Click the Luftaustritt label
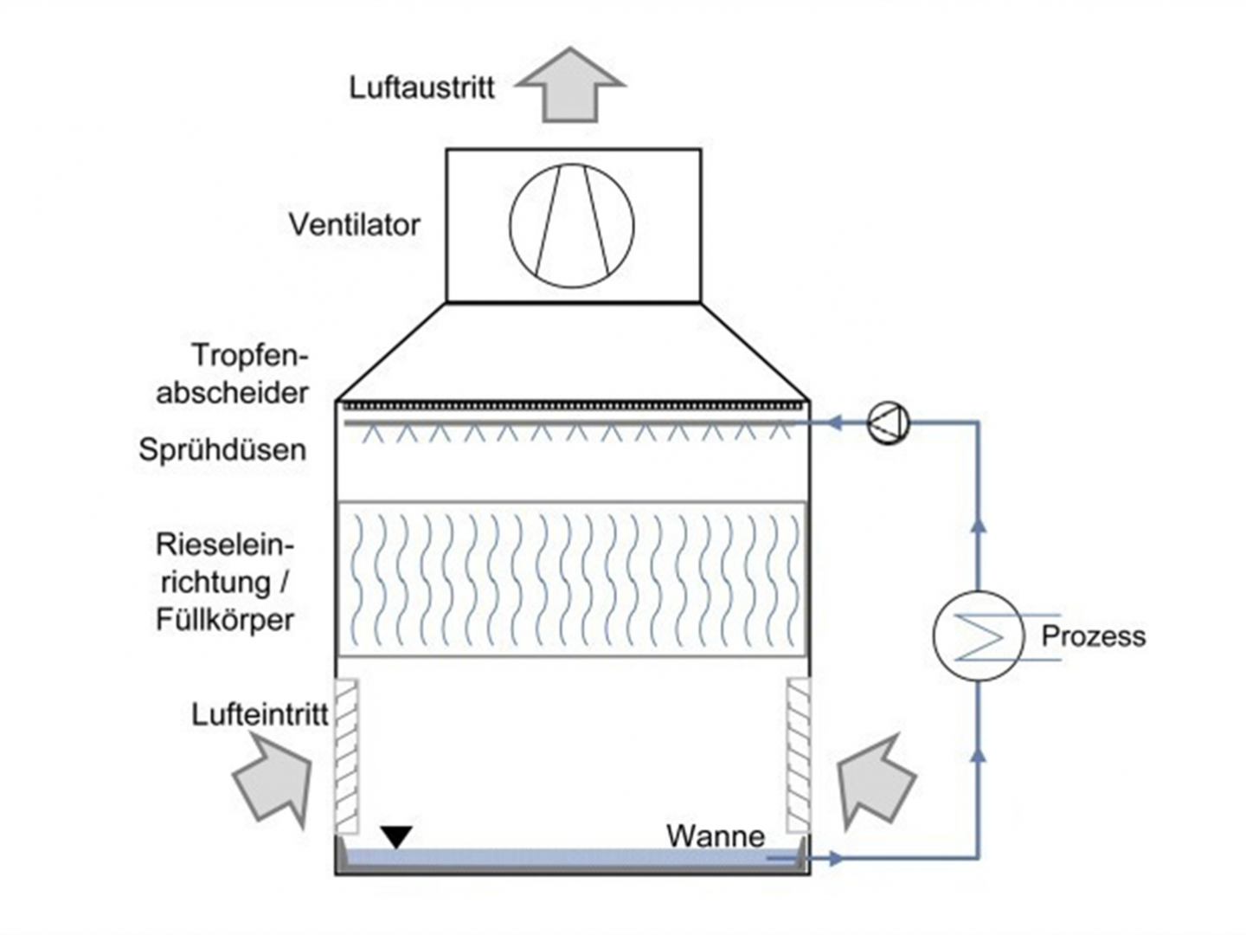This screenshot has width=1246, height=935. (421, 87)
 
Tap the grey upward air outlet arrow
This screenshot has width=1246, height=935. (569, 86)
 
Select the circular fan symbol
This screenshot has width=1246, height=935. (571, 225)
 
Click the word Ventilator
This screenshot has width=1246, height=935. (354, 225)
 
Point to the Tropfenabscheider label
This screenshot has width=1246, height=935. (234, 374)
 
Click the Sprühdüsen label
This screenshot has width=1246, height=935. (222, 450)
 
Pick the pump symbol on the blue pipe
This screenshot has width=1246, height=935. (889, 423)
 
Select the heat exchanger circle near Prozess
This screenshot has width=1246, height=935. (978, 635)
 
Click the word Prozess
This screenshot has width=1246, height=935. (1093, 636)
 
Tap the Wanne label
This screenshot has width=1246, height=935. (715, 836)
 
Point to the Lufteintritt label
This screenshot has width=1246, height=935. (260, 715)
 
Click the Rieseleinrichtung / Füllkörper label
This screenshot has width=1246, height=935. (225, 583)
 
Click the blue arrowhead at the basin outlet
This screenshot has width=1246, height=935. (835, 859)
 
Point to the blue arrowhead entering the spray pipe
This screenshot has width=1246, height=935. (834, 423)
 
